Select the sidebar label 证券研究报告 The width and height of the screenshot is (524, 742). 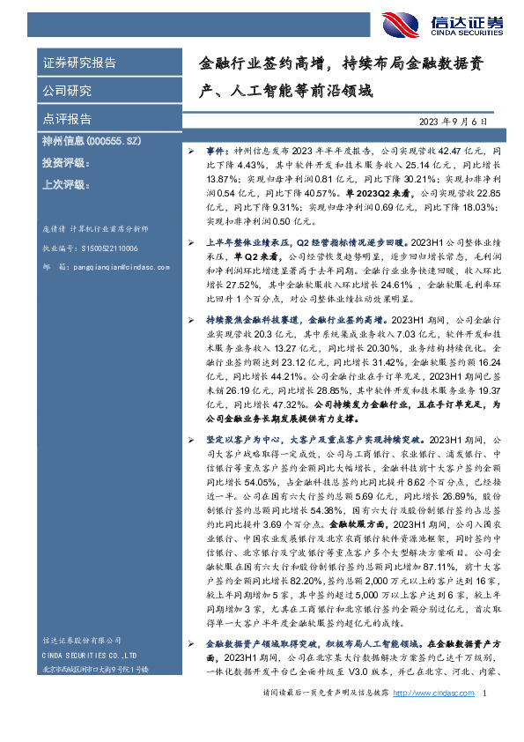click(x=79, y=63)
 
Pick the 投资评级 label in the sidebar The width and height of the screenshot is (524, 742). click(x=67, y=163)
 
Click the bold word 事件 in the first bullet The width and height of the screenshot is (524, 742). click(x=218, y=152)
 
